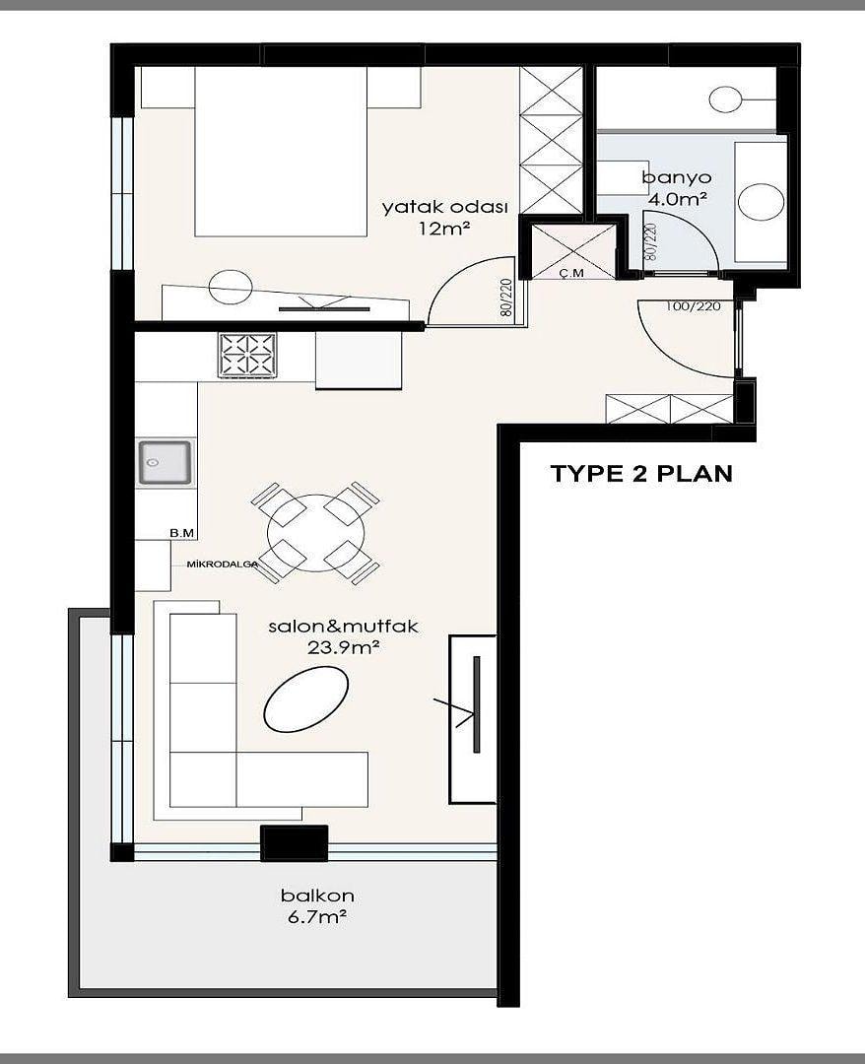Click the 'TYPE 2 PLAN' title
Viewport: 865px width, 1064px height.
click(x=641, y=473)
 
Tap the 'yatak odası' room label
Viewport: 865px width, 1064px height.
click(x=445, y=207)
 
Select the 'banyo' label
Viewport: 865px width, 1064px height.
click(x=677, y=178)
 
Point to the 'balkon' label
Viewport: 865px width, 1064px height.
click(x=317, y=895)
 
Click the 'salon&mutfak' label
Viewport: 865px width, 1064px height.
click(x=343, y=626)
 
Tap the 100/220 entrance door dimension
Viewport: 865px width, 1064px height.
click(x=693, y=306)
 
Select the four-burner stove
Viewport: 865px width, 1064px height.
click(x=247, y=355)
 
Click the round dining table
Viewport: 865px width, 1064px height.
click(x=315, y=533)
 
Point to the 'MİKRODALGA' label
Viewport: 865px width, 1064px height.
click(x=217, y=564)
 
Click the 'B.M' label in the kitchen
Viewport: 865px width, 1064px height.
click(x=182, y=533)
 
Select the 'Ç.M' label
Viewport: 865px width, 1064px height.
click(x=572, y=273)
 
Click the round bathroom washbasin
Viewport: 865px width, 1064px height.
click(x=762, y=202)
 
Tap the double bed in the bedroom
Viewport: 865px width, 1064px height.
click(x=281, y=152)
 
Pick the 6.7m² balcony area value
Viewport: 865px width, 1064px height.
click(x=317, y=917)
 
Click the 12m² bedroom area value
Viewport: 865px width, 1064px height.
click(x=444, y=228)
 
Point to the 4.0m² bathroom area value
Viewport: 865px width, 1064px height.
click(x=678, y=199)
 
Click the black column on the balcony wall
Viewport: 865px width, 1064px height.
click(x=295, y=843)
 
